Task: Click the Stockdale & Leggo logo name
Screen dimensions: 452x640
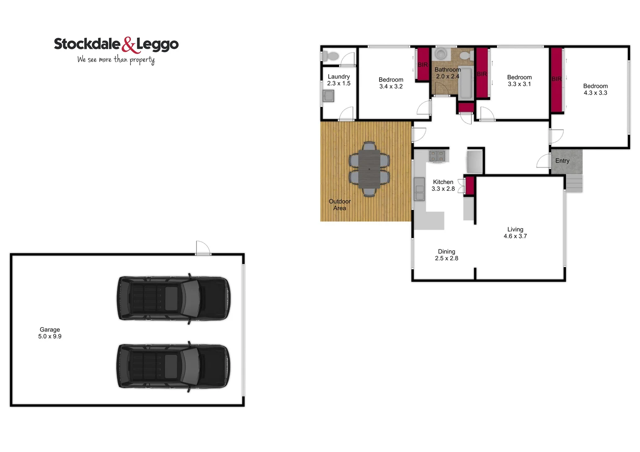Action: click(116, 44)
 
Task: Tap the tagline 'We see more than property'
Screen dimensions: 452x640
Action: click(116, 59)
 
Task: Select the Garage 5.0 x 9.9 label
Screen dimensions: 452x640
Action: click(50, 333)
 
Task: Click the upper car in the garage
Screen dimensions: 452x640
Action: click(173, 298)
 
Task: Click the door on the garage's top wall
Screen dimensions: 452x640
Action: click(203, 248)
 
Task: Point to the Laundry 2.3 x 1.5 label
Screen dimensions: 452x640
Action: click(339, 80)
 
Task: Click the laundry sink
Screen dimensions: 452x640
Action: click(328, 96)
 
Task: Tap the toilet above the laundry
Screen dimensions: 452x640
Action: click(332, 56)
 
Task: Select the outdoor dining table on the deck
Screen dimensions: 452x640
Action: click(369, 169)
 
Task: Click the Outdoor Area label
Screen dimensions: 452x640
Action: click(340, 205)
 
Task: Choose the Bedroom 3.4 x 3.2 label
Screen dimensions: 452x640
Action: click(391, 83)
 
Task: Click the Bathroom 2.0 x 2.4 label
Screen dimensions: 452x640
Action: click(447, 73)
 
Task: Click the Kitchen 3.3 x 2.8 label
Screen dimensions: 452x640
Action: click(443, 185)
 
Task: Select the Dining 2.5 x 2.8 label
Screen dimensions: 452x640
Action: click(446, 255)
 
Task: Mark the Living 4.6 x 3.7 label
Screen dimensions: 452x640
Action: click(515, 233)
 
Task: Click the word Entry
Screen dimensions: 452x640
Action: click(562, 161)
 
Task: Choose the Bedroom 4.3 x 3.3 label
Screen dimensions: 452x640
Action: click(595, 89)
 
